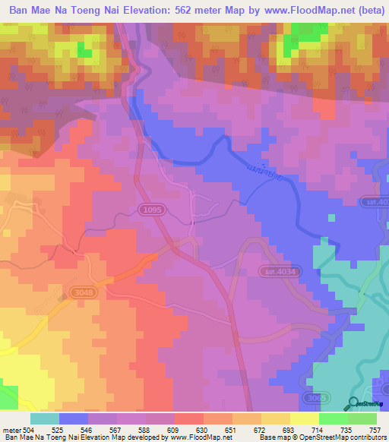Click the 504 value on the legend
point(27,429)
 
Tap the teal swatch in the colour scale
point(45,418)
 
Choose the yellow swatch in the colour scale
point(303,418)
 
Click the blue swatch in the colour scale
point(74,418)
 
